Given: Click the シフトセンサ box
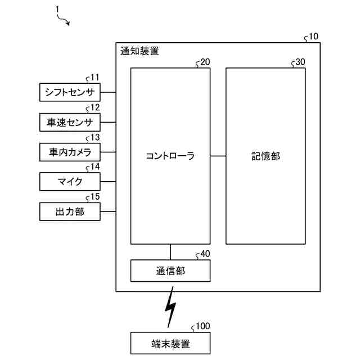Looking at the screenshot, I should [70, 92].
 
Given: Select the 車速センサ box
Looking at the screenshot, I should [70, 122].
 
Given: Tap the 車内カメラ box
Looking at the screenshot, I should [70, 152].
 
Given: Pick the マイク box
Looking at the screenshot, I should [70, 182].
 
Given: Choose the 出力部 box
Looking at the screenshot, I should [70, 211].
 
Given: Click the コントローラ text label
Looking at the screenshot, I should [170, 156].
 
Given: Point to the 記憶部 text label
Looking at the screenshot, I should [265, 156].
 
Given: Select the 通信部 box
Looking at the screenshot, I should [170, 271].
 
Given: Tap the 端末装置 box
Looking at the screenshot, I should [170, 343].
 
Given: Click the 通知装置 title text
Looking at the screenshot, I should [139, 51].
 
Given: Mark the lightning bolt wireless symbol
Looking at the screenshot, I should [170, 309].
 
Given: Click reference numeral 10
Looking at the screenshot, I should [313, 37].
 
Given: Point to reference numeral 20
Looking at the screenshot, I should [205, 62].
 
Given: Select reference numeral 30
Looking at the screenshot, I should [300, 62].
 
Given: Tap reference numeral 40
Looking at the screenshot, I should [205, 254].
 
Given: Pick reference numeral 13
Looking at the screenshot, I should [95, 137].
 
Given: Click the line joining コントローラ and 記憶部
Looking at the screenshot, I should [218, 156].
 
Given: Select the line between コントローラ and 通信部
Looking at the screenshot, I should [170, 252].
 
